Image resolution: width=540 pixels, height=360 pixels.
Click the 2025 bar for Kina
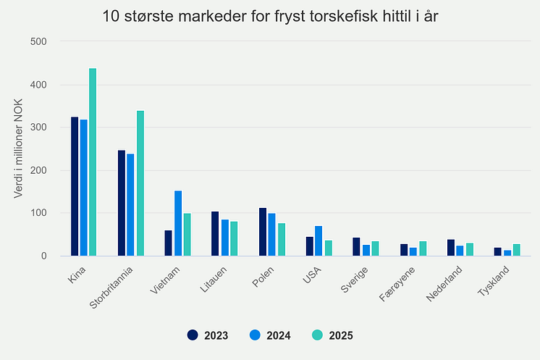[93, 162]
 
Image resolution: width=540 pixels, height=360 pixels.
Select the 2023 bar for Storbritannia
[122, 203]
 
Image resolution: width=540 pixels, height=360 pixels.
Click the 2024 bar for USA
[318, 241]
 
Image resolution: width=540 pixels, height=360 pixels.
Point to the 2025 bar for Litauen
[234, 238]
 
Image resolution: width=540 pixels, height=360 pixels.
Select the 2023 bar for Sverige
[356, 246]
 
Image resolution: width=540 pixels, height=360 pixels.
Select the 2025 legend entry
[332, 335]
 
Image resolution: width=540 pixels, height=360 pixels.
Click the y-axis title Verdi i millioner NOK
[19, 148]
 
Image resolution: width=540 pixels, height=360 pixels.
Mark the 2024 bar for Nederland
[460, 251]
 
